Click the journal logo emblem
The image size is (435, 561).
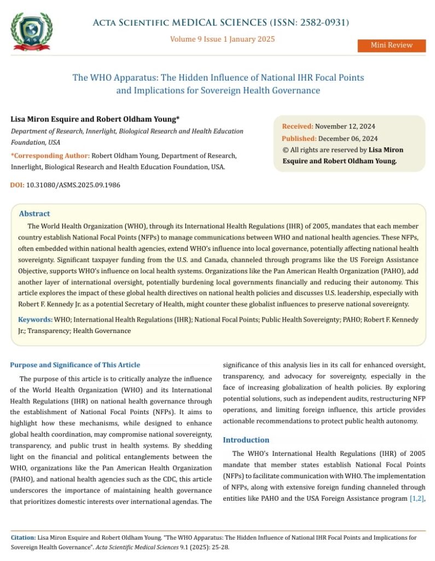[x=32, y=30]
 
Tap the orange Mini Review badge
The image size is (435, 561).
[x=391, y=45]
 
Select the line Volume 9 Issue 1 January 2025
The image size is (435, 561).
[x=222, y=39]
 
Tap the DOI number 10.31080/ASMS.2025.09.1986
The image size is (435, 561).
[x=73, y=185]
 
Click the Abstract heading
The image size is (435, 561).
[x=34, y=214]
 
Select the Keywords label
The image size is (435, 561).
[x=35, y=319]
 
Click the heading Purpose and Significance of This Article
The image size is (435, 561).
[x=75, y=365]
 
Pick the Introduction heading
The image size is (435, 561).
[x=246, y=440]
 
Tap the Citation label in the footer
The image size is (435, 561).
[x=24, y=538]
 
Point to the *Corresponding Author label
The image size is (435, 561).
[x=50, y=156]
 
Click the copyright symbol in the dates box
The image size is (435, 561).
[x=285, y=150]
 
